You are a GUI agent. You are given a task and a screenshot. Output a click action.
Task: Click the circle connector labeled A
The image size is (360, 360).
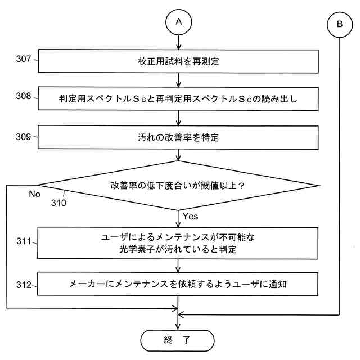pyautogui.click(x=178, y=22)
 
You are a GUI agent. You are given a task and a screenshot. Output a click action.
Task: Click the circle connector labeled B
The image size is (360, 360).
pyautogui.click(x=340, y=24)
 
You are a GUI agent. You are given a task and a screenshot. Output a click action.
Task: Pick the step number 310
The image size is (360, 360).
pyautogui.click(x=57, y=203)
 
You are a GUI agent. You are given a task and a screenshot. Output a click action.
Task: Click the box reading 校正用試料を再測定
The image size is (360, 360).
pyautogui.click(x=178, y=61)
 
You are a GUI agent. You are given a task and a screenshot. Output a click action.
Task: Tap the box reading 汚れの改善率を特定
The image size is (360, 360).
pyautogui.click(x=178, y=137)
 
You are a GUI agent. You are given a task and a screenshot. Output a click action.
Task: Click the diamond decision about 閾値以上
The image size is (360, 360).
pyautogui.click(x=178, y=185)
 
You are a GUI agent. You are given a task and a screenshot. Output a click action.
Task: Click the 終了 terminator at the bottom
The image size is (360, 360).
pyautogui.click(x=178, y=340)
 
